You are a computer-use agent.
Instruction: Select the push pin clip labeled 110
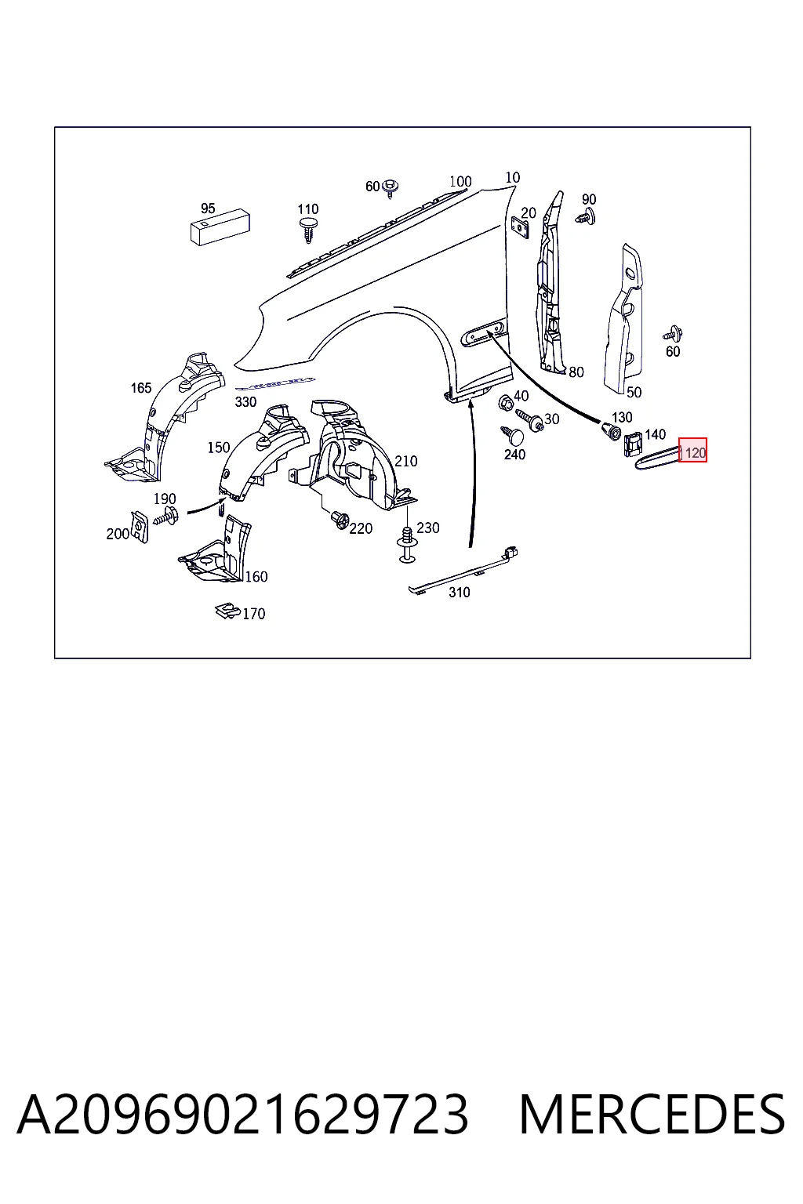pyautogui.click(x=308, y=230)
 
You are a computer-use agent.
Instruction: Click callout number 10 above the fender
pyautogui.click(x=513, y=177)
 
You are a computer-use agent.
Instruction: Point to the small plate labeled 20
pyautogui.click(x=520, y=227)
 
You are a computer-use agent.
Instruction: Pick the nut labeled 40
pyautogui.click(x=505, y=401)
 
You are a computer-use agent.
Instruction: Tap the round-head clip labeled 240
pyautogui.click(x=514, y=435)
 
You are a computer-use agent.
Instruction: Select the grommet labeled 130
pyautogui.click(x=611, y=430)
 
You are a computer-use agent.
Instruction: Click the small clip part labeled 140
pyautogui.click(x=633, y=444)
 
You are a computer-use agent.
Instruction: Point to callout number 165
pyautogui.click(x=141, y=387)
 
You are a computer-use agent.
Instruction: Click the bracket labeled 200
pyautogui.click(x=140, y=526)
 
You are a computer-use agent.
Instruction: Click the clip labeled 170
pyautogui.click(x=227, y=611)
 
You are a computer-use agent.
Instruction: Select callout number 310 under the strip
pyautogui.click(x=460, y=593)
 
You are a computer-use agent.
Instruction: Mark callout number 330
pyautogui.click(x=245, y=402)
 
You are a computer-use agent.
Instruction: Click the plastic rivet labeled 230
pyautogui.click(x=408, y=544)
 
